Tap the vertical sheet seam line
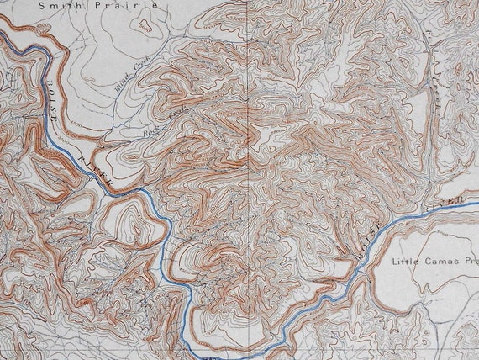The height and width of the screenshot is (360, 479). [252, 168]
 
